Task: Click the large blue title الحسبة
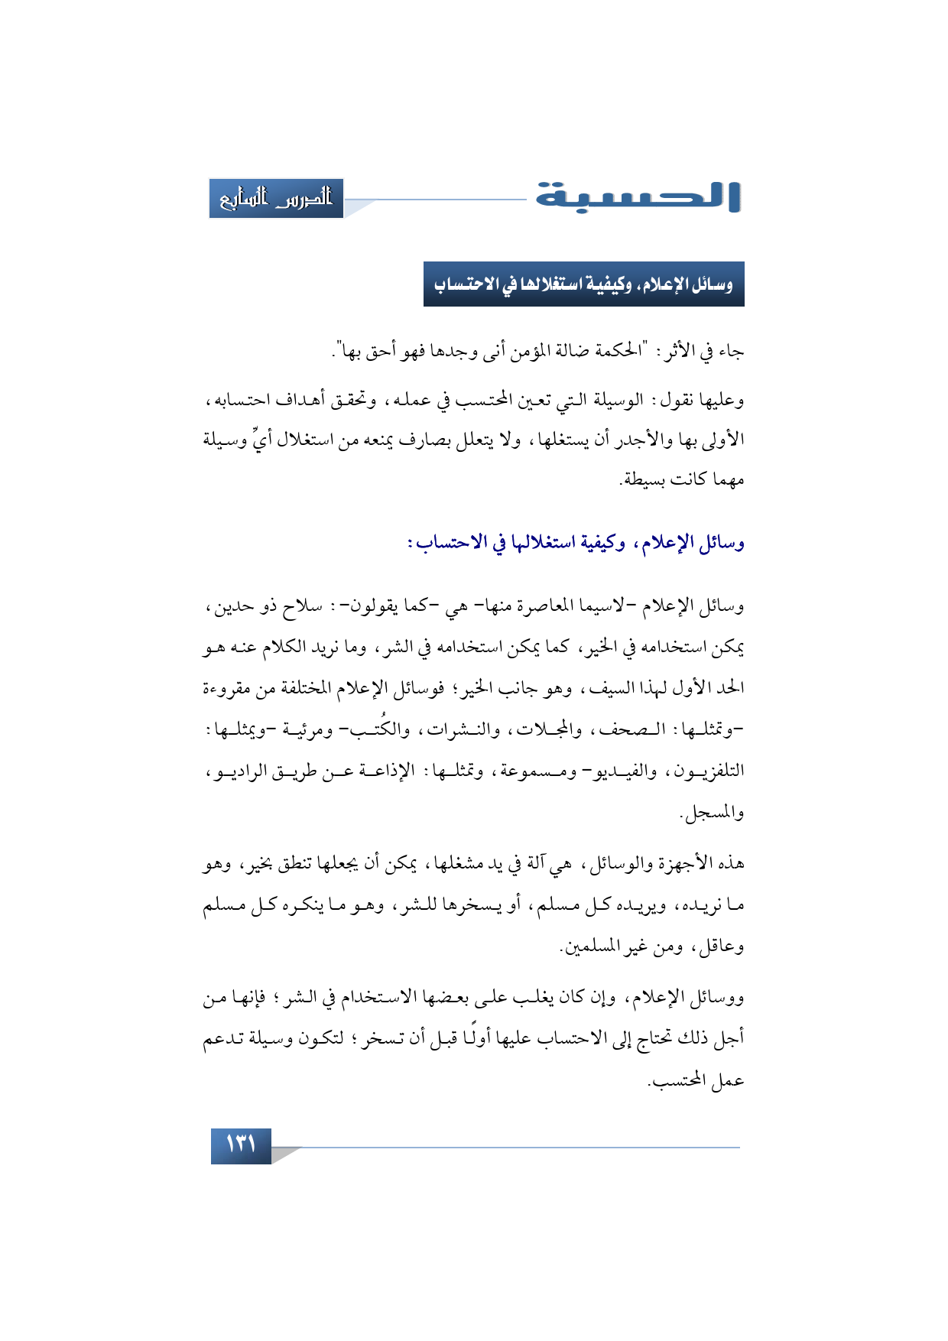click(x=638, y=197)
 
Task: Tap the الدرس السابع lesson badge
click(x=276, y=199)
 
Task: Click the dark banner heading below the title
click(x=583, y=284)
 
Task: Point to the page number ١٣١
click(x=241, y=1145)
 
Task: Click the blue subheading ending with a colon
click(x=575, y=544)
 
